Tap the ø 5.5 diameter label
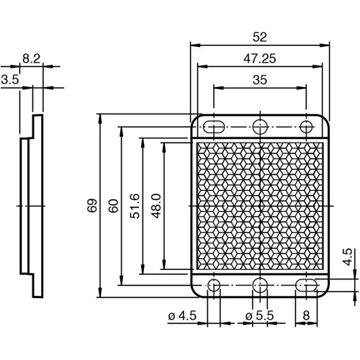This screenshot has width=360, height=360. (259, 315)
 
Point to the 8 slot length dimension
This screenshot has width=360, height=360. (307, 315)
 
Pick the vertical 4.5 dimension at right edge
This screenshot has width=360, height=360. (346, 257)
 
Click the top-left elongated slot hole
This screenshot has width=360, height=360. (214, 127)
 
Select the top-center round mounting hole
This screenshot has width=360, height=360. (260, 127)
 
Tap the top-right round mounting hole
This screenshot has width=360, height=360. (307, 127)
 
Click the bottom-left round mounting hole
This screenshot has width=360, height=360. (214, 285)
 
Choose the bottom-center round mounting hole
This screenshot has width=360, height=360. (260, 285)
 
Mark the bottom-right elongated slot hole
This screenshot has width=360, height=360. (307, 285)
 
